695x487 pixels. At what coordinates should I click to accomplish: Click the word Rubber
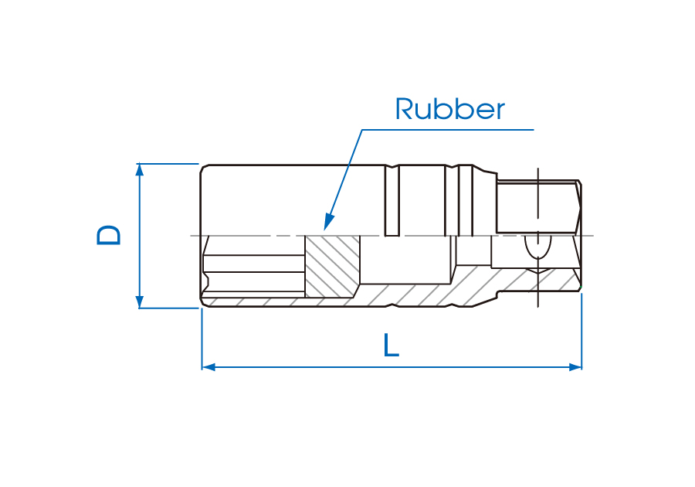pos(449,110)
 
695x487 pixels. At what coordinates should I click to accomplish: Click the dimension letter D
pos(109,235)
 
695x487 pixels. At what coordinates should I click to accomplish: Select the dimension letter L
pos(392,345)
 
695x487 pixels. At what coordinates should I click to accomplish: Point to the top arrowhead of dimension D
pos(140,169)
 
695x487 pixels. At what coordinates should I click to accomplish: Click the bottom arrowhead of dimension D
pos(140,301)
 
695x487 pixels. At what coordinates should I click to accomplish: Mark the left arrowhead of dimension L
pos(208,366)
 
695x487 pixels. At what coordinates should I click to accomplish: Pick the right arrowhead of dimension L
pos(575,366)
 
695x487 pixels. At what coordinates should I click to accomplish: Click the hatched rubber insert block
pos(333,266)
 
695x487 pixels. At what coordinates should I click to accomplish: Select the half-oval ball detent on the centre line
pos(537,247)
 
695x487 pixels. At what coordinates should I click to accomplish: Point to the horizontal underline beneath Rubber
pos(448,129)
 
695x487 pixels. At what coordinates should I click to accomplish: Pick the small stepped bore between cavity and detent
pos(473,250)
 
